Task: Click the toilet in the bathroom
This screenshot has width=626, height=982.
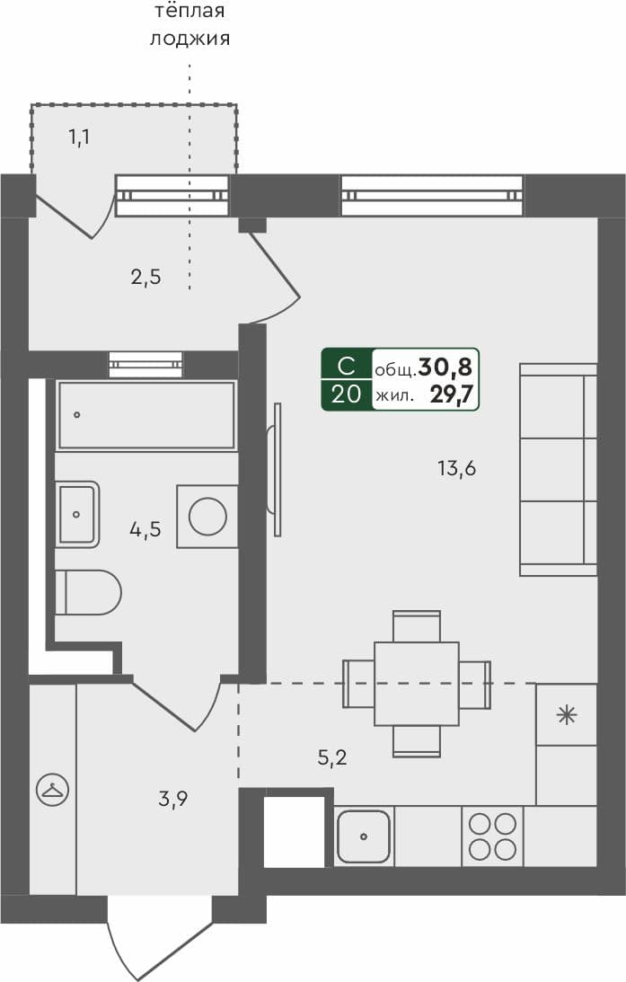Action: click(x=88, y=593)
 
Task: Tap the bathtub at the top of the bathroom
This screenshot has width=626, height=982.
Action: click(x=146, y=414)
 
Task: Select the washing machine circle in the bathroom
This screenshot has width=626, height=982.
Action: click(x=207, y=517)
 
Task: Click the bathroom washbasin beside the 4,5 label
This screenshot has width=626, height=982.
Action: click(x=77, y=514)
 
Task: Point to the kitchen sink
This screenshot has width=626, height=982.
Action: click(x=364, y=836)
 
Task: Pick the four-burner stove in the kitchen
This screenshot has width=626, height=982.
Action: click(x=492, y=836)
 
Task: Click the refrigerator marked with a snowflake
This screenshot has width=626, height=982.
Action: click(x=566, y=715)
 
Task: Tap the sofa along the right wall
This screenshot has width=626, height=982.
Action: click(x=558, y=469)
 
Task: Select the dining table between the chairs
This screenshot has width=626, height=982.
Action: click(x=417, y=683)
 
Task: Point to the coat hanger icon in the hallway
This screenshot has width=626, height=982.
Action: click(x=51, y=790)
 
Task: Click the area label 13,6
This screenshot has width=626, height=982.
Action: click(x=455, y=467)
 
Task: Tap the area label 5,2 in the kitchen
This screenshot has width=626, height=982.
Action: click(x=331, y=757)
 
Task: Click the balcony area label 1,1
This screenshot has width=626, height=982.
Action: click(x=80, y=137)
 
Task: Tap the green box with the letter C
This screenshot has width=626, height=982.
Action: click(x=346, y=367)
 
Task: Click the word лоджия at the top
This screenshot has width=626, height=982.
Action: click(x=190, y=39)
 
